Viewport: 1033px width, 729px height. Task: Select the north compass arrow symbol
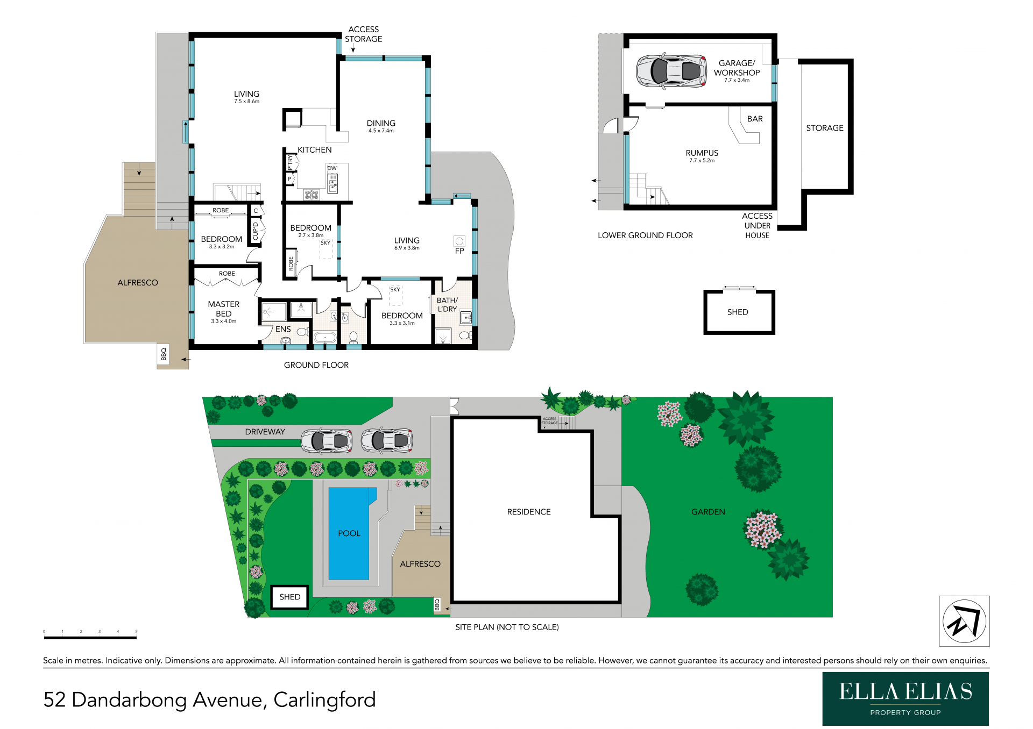click(x=964, y=621)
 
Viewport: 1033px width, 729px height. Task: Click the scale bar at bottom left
click(x=90, y=638)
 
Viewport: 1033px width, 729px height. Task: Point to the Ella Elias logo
click(x=905, y=698)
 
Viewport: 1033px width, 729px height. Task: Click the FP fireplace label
click(x=459, y=251)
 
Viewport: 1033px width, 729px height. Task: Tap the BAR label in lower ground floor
click(x=755, y=119)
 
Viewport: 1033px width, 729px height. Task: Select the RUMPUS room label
click(x=702, y=153)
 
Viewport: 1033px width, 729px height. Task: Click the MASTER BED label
click(x=224, y=309)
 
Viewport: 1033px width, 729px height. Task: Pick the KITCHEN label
click(x=315, y=150)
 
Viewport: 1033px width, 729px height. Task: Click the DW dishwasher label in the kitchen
click(x=332, y=168)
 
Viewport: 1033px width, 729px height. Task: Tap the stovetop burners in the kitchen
click(x=312, y=194)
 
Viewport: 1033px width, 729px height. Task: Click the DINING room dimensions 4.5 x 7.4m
click(x=381, y=131)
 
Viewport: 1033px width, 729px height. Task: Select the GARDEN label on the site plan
click(x=708, y=512)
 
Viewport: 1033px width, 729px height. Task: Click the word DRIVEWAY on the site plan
click(x=265, y=432)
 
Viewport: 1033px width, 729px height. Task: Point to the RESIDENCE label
click(x=529, y=512)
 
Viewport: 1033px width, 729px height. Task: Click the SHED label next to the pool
click(x=289, y=597)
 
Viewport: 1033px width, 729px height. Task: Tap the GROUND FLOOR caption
click(x=316, y=365)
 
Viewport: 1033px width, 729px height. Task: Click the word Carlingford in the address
click(x=324, y=699)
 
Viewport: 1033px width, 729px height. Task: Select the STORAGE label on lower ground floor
click(x=825, y=128)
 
